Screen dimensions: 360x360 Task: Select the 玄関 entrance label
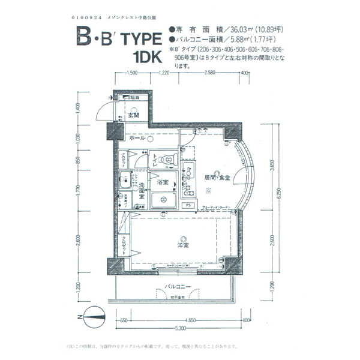(x=133, y=115)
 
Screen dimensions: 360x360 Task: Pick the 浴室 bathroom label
(x=163, y=182)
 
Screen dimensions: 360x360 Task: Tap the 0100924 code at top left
(x=88, y=16)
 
